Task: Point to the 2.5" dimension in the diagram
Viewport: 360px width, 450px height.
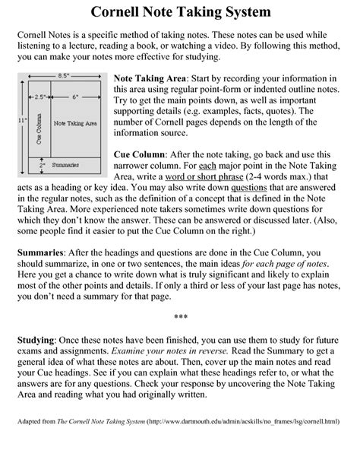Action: click(x=39, y=97)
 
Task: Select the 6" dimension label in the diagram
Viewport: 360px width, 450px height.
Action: click(x=75, y=97)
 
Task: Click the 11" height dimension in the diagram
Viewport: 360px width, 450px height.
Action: click(x=23, y=120)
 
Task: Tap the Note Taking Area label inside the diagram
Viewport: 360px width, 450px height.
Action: click(x=74, y=122)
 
